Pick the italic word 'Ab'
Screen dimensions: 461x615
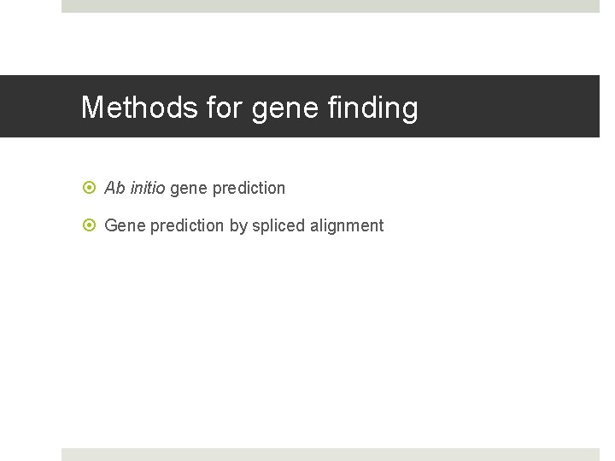coord(114,187)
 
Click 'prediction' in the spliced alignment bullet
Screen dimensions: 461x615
coord(187,225)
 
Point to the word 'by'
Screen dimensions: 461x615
coord(238,226)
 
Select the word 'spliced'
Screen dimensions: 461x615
coord(278,226)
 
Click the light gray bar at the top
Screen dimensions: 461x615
coord(330,6)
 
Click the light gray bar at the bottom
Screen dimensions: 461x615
coord(330,454)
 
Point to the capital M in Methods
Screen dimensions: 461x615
coord(92,108)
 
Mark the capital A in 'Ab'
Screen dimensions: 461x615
coord(110,187)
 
